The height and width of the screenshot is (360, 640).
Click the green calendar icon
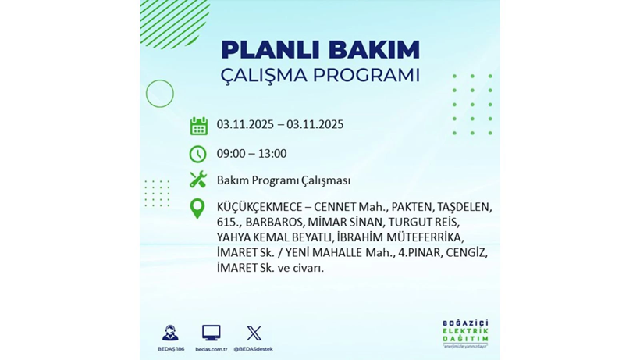pyautogui.click(x=198, y=126)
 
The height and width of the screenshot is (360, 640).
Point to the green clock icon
pyautogui.click(x=198, y=154)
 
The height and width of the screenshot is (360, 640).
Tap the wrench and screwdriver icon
pyautogui.click(x=198, y=180)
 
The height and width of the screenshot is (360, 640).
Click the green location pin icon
pyautogui.click(x=198, y=209)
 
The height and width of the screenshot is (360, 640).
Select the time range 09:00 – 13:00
pyautogui.click(x=251, y=154)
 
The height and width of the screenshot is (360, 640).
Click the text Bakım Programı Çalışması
pyautogui.click(x=283, y=180)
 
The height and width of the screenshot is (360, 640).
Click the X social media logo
pyautogui.click(x=254, y=333)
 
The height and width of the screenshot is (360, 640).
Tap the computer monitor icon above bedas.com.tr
pyautogui.click(x=211, y=333)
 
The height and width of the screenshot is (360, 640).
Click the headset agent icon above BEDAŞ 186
pyautogui.click(x=170, y=333)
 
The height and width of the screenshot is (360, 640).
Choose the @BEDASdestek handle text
pyautogui.click(x=254, y=349)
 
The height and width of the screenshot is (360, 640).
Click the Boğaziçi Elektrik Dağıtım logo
pyautogui.click(x=465, y=334)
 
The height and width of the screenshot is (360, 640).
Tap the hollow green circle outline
pyautogui.click(x=160, y=94)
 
